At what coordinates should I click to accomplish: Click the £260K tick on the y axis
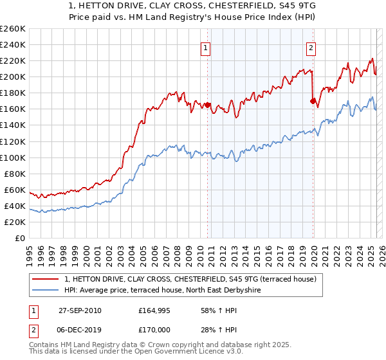tap(13, 29)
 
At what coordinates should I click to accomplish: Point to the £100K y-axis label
tap(13, 157)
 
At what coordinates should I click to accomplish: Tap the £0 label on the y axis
tap(19, 238)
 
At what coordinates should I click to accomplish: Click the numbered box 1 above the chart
tap(205, 47)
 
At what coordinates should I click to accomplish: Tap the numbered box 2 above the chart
tap(311, 47)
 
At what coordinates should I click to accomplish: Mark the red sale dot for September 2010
tap(208, 105)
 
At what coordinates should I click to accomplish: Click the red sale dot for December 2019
tap(313, 101)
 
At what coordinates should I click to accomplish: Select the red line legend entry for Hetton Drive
tap(190, 279)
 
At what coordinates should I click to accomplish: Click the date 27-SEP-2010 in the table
tap(80, 310)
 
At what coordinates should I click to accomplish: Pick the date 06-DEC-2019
tap(80, 331)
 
